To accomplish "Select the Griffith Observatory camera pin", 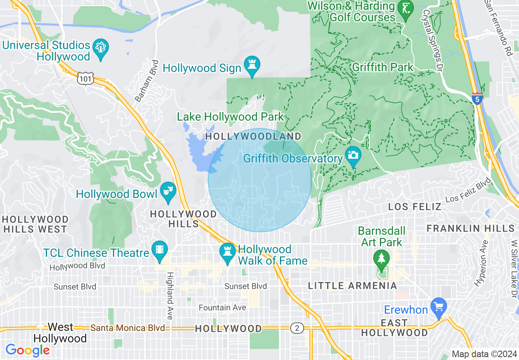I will (x=353, y=156).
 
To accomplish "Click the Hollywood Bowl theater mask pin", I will (x=168, y=191).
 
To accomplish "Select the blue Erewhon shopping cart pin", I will (x=439, y=307).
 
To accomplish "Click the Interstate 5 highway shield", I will (x=477, y=99).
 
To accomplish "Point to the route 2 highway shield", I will (x=297, y=328).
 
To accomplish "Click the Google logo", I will (x=27, y=350).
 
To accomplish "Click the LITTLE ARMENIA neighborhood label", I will (x=352, y=286).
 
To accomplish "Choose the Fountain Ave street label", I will (x=222, y=307).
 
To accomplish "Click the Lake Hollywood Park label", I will (x=230, y=117).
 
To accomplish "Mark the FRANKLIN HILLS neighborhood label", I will (x=471, y=228).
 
